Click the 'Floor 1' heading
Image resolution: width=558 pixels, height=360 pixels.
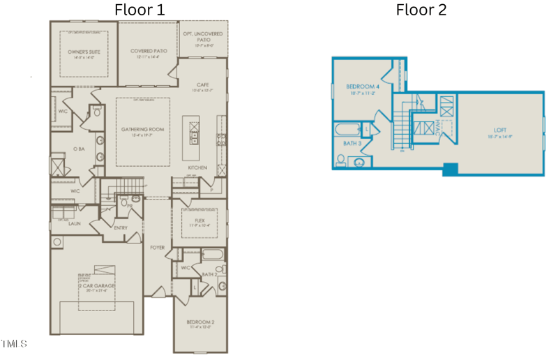pos(139,10)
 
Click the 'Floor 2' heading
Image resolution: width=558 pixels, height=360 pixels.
pos(421,10)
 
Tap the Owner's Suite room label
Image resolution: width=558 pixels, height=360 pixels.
pos(80,52)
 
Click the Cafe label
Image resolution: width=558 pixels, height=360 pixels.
pos(203,84)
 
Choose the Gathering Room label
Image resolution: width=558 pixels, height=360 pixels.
pos(142,130)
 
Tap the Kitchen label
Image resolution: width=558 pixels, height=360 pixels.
pos(197,168)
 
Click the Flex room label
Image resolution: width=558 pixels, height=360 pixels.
pos(199,220)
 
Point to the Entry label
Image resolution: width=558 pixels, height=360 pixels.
pos(120,228)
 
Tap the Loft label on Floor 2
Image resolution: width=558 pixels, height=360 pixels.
pos(500,130)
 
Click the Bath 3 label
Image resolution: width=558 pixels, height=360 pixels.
pos(352,143)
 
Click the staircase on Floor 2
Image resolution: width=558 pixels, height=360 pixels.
pos(401,128)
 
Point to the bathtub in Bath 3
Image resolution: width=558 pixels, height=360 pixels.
pos(347,129)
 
